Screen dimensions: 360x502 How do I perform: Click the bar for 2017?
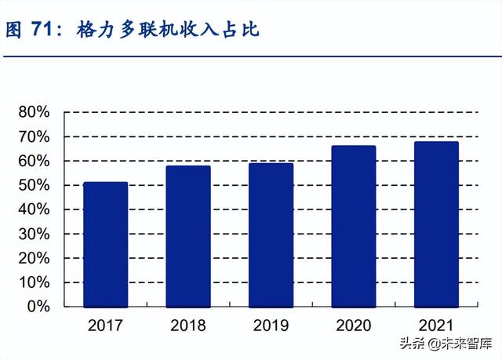pyautogui.click(x=105, y=244)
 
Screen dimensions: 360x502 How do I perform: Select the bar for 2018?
pyautogui.click(x=188, y=236)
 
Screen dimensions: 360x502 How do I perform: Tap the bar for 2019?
pyautogui.click(x=271, y=235)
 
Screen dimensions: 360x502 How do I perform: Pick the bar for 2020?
pyautogui.click(x=354, y=226)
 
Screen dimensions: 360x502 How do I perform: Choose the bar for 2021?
pyautogui.click(x=436, y=224)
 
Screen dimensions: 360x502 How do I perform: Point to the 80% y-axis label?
pyautogui.click(x=35, y=113)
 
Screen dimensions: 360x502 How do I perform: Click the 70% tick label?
pyautogui.click(x=35, y=137)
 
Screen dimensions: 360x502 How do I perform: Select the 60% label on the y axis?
pyautogui.click(x=35, y=162)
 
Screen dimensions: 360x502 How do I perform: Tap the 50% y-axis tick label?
pyautogui.click(x=35, y=186)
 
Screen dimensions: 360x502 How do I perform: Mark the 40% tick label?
pyautogui.click(x=35, y=210)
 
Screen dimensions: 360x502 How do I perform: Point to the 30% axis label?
pyautogui.click(x=35, y=235)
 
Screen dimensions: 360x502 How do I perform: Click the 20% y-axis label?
pyautogui.click(x=35, y=259)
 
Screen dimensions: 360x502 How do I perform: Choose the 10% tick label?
pyautogui.click(x=35, y=283)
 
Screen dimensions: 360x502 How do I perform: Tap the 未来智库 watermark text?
pyautogui.click(x=463, y=344)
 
